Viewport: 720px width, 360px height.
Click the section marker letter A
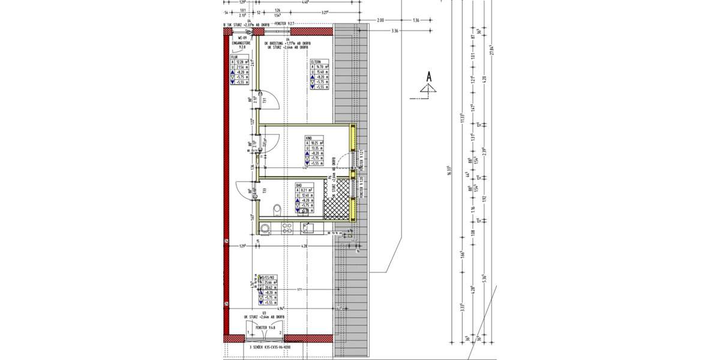point(429,77)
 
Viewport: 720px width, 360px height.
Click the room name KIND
point(310,137)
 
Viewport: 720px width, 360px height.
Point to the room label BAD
point(298,187)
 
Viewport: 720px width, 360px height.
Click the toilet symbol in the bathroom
point(277,210)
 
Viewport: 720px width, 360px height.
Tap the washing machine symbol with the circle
point(265,228)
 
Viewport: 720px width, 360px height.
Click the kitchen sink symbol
point(307,228)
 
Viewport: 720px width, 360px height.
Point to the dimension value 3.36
point(394,31)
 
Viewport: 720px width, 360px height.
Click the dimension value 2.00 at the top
point(380,20)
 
